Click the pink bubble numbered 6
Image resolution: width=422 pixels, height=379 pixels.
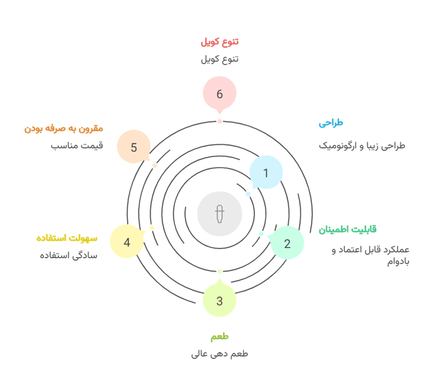tap(219, 93)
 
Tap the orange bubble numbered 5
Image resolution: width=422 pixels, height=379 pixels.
tap(134, 147)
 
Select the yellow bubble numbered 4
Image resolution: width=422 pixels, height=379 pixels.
tap(127, 241)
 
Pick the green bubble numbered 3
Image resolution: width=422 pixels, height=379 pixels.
tap(219, 300)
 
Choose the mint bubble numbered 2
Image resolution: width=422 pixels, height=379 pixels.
tap(287, 243)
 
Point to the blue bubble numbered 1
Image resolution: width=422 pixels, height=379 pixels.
tap(266, 173)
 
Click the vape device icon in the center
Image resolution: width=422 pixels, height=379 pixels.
tap(219, 214)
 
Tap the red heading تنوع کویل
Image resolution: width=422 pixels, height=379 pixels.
tap(219, 42)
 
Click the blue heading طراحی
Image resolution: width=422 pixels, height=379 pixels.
tap(331, 123)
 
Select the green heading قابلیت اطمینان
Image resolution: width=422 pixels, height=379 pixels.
tap(347, 229)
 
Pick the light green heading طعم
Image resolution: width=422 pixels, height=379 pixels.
tap(219, 336)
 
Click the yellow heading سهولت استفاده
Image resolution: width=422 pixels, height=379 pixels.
tap(67, 238)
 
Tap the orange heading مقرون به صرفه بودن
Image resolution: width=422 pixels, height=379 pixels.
tap(64, 129)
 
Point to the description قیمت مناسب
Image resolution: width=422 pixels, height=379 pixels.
tap(77, 145)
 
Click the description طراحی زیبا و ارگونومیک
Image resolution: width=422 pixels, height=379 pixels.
tap(362, 145)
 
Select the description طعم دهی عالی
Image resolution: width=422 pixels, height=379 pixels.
tap(219, 354)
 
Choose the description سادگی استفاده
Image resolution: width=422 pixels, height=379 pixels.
tap(69, 255)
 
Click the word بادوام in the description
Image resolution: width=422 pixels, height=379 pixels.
tap(398, 262)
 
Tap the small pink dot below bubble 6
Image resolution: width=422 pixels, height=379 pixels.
tap(219, 121)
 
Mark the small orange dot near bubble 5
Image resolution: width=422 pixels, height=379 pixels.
tap(154, 165)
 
